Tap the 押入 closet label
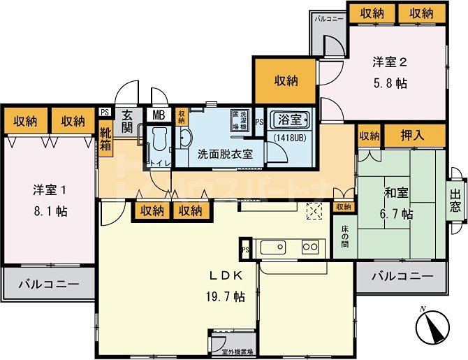414,135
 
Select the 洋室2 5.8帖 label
388,72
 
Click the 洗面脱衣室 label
225,153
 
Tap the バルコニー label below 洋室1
47,285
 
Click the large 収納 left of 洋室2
285,80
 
